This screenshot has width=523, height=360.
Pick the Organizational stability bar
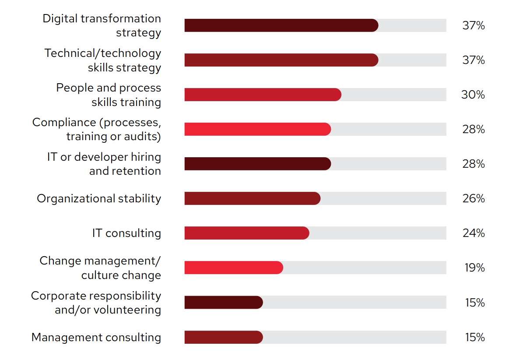tap(252, 198)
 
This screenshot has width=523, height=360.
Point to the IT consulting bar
tap(246, 233)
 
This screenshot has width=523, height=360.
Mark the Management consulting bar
tap(223, 337)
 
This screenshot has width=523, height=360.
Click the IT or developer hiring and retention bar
tap(257, 164)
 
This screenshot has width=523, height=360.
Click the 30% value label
tap(473, 95)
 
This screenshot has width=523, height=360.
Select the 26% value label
tap(474, 198)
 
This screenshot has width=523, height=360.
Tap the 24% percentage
tap(474, 233)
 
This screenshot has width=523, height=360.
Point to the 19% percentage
tap(474, 268)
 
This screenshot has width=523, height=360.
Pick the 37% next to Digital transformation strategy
tap(474, 25)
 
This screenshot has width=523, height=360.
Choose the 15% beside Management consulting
tap(474, 337)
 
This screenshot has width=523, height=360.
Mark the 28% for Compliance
tap(474, 129)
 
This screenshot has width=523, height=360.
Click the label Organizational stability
tap(99, 198)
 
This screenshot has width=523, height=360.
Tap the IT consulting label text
tap(126, 233)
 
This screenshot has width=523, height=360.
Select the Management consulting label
tap(96, 337)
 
